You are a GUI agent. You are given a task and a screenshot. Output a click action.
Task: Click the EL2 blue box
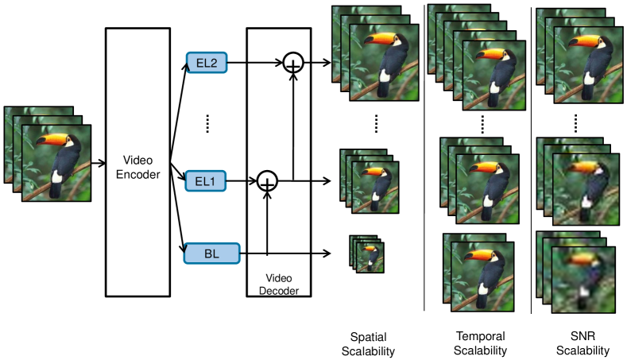pyautogui.click(x=207, y=63)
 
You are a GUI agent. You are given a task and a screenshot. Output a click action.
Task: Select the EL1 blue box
pyautogui.click(x=206, y=181)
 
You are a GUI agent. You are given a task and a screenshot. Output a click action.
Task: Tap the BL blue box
pyautogui.click(x=212, y=254)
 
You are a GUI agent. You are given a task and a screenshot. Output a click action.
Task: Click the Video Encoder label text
pyautogui.click(x=138, y=167)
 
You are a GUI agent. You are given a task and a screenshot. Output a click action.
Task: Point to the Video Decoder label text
pyautogui.click(x=279, y=285)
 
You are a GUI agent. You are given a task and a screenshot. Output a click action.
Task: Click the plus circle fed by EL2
pyautogui.click(x=293, y=63)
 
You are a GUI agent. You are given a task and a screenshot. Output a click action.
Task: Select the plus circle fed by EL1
pyautogui.click(x=267, y=181)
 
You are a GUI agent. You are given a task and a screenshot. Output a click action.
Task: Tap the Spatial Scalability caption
pyautogui.click(x=368, y=344)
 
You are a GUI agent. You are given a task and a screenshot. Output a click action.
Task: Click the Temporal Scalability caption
pyautogui.click(x=480, y=343)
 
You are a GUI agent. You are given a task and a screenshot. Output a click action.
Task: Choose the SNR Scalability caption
pyautogui.click(x=582, y=343)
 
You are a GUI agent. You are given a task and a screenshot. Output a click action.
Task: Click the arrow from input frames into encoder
pyautogui.click(x=99, y=163)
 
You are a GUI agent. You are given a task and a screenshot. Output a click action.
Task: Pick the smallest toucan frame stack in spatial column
pyautogui.click(x=366, y=254)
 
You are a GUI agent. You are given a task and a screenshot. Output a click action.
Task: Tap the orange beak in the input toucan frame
pyautogui.click(x=52, y=140)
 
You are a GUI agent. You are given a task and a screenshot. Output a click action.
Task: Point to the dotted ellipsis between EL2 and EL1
pyautogui.click(x=207, y=124)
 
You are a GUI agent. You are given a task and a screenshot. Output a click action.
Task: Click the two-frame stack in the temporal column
pyautogui.click(x=478, y=273)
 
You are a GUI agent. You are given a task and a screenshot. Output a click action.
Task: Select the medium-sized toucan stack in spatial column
pyautogui.click(x=369, y=181)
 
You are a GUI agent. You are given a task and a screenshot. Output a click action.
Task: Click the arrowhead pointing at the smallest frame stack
pyautogui.click(x=327, y=254)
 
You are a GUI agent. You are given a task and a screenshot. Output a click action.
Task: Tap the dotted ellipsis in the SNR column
pyautogui.click(x=575, y=124)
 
